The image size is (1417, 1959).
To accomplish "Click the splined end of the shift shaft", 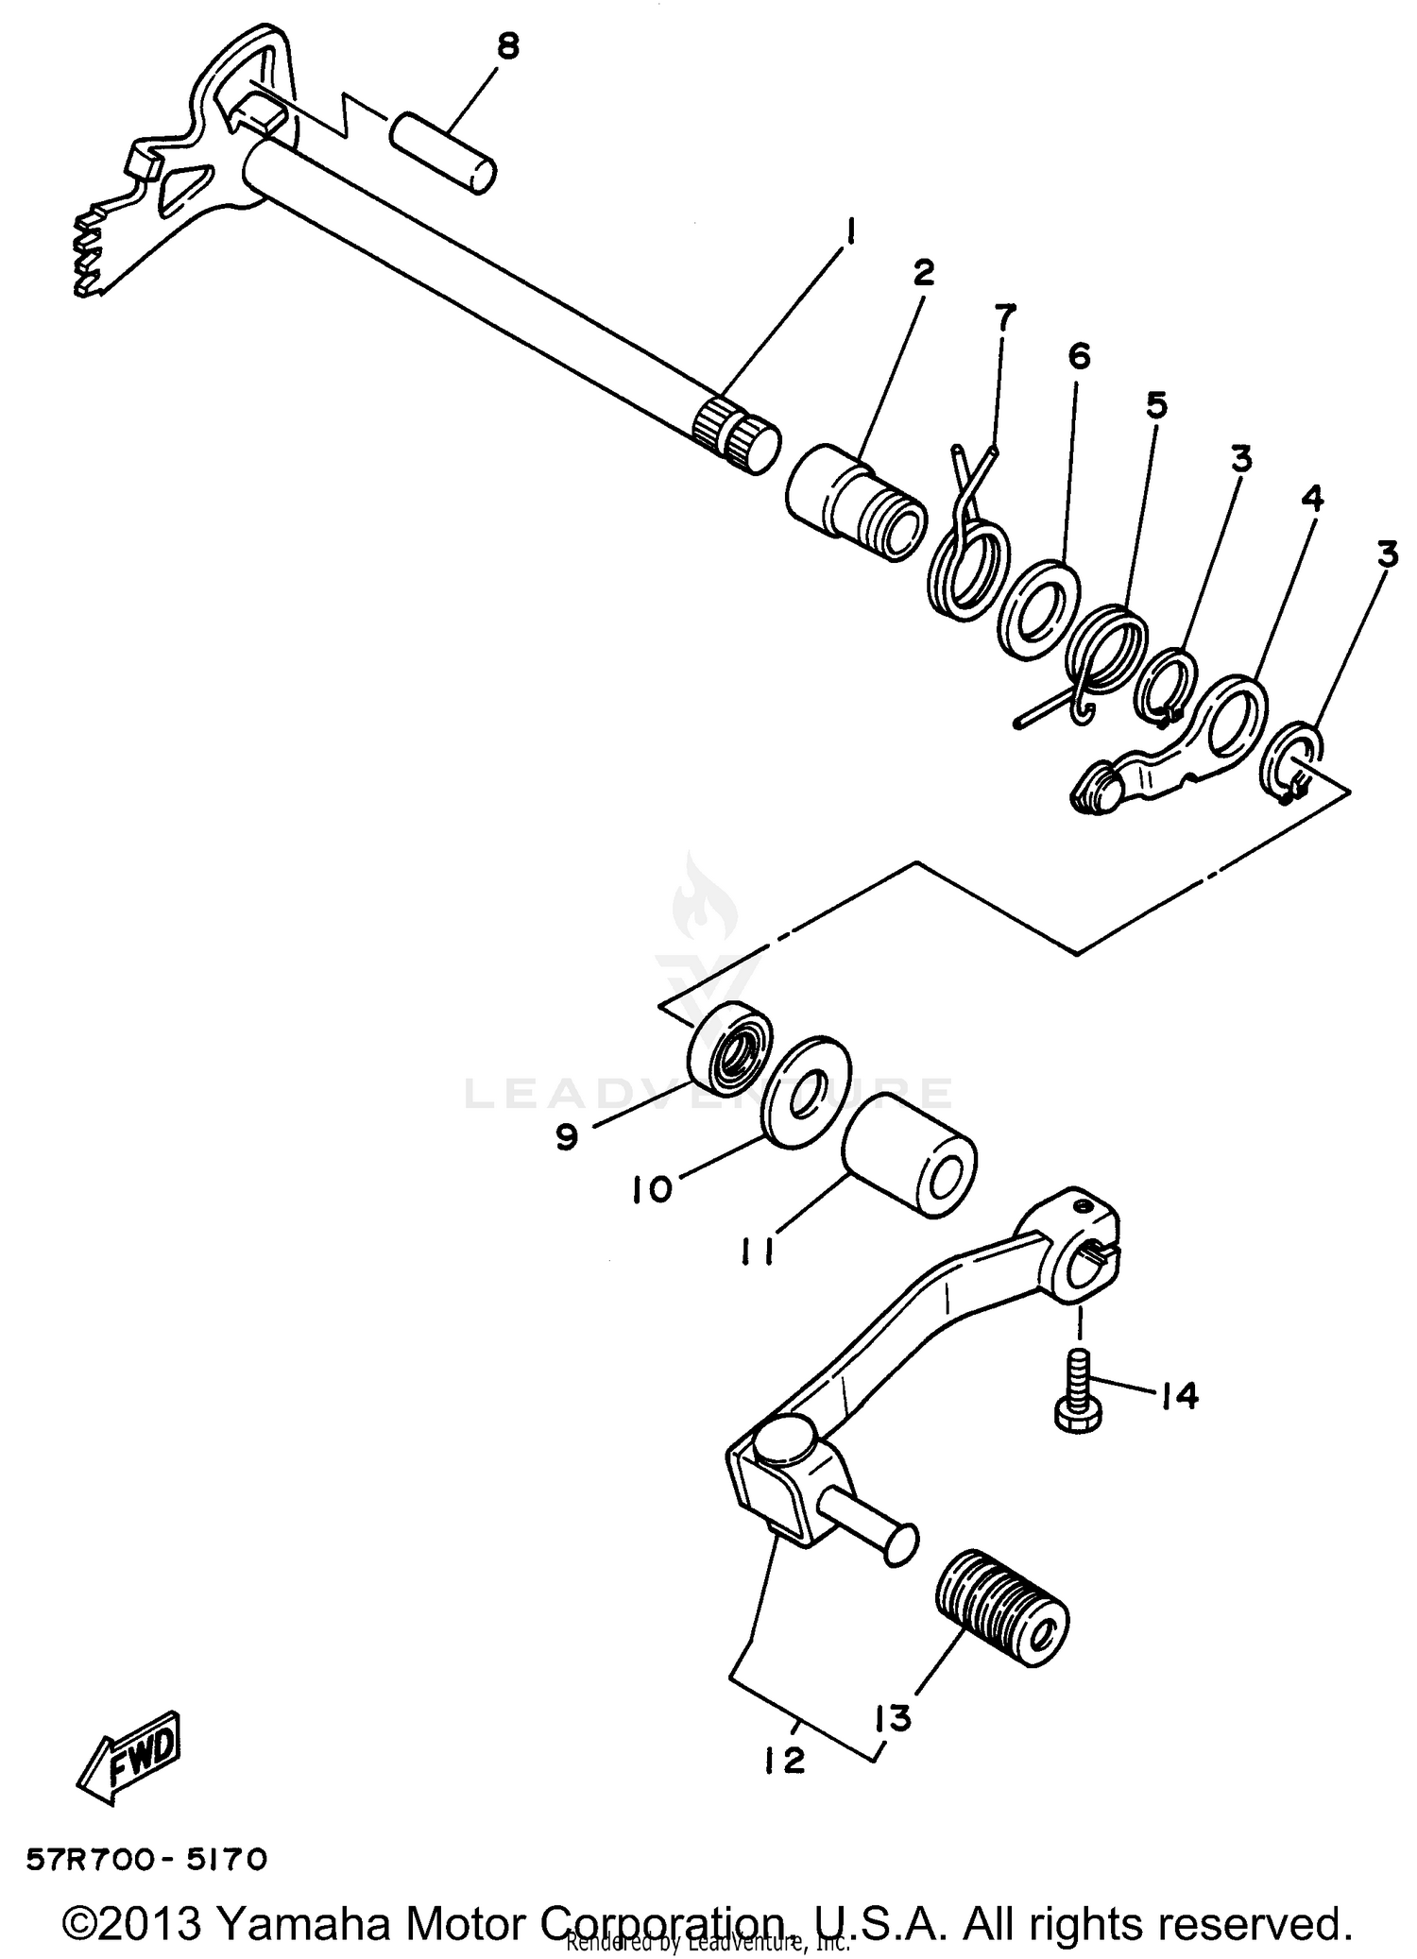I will pyautogui.click(x=736, y=435).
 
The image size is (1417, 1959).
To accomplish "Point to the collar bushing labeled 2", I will pyautogui.click(x=855, y=503).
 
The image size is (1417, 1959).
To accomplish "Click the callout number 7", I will pyautogui.click(x=1003, y=318).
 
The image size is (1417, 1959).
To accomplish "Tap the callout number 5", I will pyautogui.click(x=1156, y=405).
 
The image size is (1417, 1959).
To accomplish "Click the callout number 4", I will pyautogui.click(x=1313, y=498).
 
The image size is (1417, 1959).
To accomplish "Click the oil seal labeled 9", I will pyautogui.click(x=727, y=1047).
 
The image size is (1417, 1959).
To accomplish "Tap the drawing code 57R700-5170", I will pyautogui.click(x=147, y=1859).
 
